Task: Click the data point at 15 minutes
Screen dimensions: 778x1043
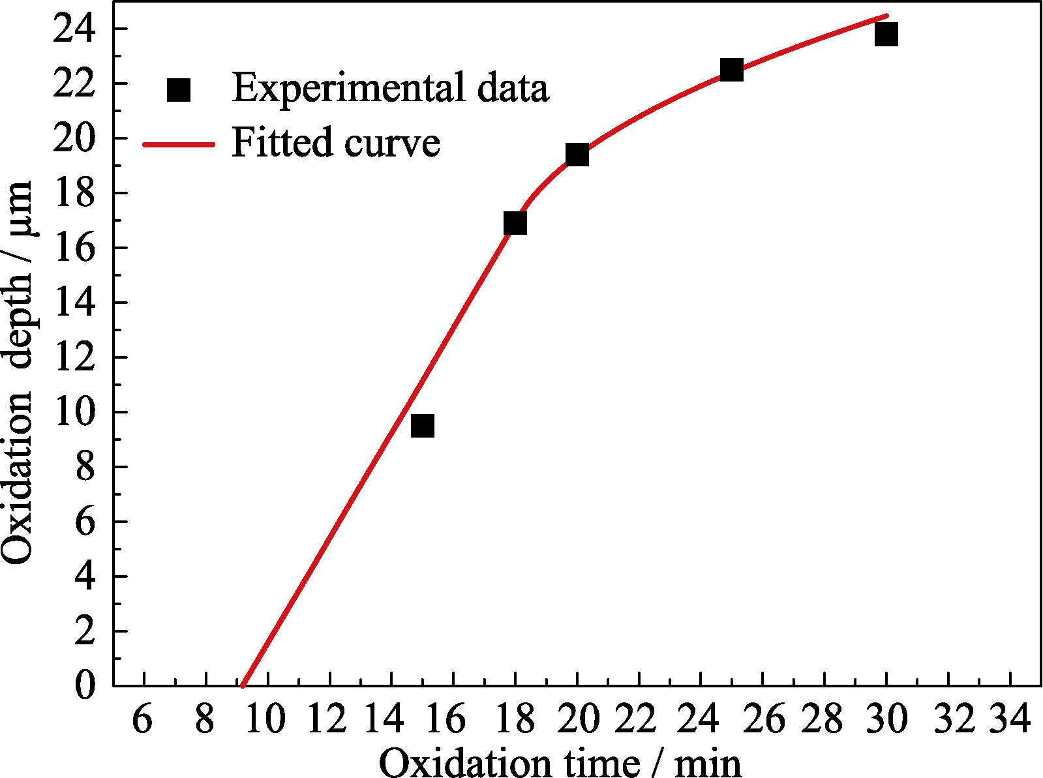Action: click(423, 426)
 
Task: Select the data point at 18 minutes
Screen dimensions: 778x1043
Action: click(515, 223)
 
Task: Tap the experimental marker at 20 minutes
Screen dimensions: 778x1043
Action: click(577, 155)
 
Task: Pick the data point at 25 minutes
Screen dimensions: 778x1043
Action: click(731, 69)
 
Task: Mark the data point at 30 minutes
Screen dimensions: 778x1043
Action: click(886, 33)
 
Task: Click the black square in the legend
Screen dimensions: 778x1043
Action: click(178, 89)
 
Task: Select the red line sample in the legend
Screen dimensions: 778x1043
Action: click(178, 144)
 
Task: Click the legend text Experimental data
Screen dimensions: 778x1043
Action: click(390, 88)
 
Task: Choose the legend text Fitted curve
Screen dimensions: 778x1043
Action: click(336, 142)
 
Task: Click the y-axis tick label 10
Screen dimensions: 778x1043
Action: click(74, 412)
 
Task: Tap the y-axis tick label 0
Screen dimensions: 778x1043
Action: click(85, 686)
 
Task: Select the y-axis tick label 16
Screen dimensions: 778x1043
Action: click(74, 248)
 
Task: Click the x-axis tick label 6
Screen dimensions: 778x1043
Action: click(142, 720)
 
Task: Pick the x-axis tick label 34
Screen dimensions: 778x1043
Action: click(1009, 720)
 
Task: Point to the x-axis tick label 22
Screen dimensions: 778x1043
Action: click(637, 720)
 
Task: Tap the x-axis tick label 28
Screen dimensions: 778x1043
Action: click(823, 720)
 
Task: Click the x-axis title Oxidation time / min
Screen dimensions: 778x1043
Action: click(560, 762)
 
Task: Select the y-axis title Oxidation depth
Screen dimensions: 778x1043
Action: click(18, 372)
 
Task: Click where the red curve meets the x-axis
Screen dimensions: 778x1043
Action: click(243, 685)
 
